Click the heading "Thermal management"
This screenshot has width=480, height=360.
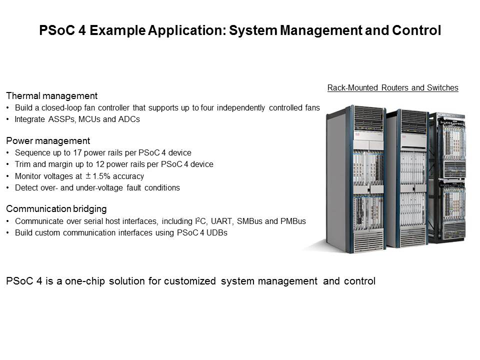pyautogui.click(x=51, y=95)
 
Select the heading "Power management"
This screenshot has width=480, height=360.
pyautogui.click(x=48, y=140)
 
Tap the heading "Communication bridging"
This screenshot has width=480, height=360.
pyautogui.click(x=56, y=208)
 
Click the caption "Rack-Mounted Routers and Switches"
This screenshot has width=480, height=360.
pyautogui.click(x=392, y=88)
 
